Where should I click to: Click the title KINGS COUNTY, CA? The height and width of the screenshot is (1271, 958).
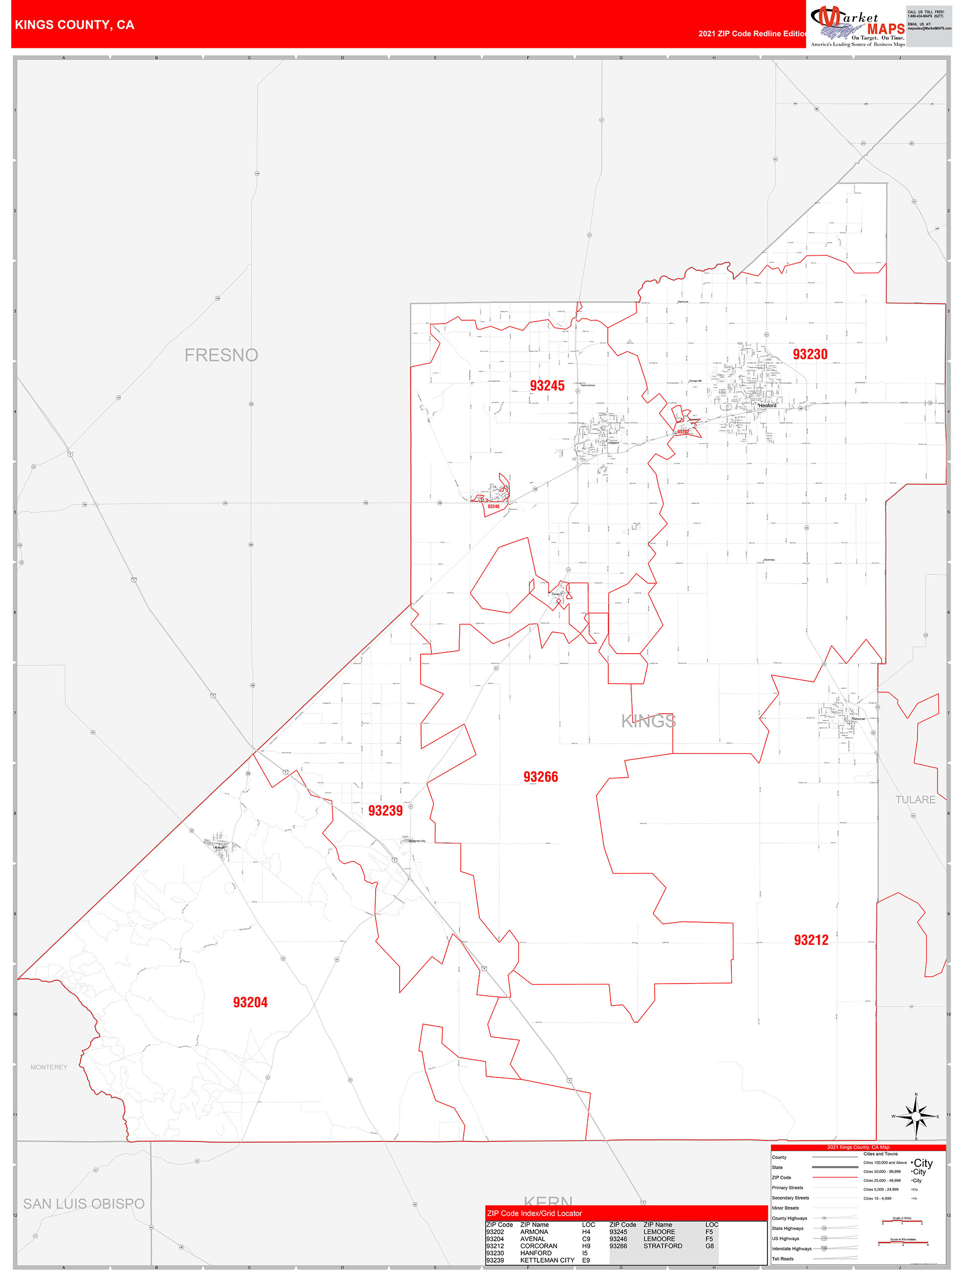coord(75,25)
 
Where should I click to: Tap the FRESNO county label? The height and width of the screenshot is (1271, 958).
coord(221,355)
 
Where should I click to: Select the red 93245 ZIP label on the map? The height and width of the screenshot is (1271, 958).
coord(547,386)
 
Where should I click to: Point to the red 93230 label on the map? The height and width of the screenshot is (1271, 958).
coord(810,354)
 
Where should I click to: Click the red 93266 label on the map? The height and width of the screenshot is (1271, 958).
coord(540,777)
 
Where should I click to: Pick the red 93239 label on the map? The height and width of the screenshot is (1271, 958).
coord(385,811)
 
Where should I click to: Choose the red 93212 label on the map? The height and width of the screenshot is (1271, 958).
coord(811,940)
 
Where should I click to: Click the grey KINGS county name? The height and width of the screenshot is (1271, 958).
coord(648,721)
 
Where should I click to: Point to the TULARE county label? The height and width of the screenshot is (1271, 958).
coord(915,800)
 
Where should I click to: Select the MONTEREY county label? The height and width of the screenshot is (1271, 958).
coord(49,1067)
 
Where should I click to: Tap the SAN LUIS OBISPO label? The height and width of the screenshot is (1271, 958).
coord(84,1204)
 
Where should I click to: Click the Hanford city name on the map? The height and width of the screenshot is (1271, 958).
coord(767,406)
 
